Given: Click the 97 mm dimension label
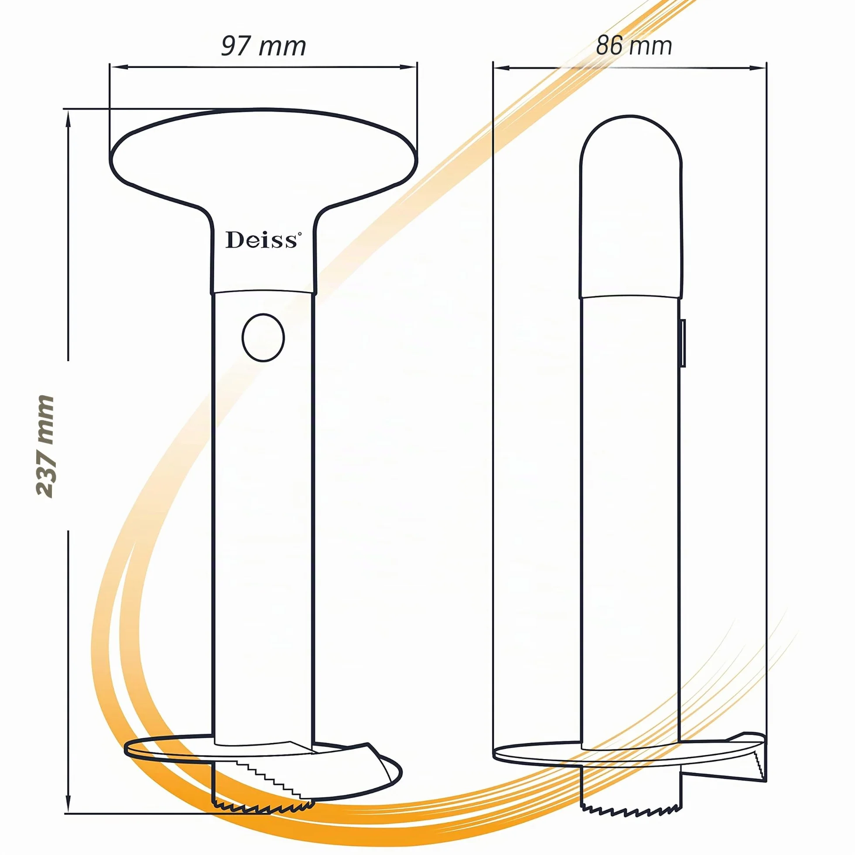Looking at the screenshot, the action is [264, 46].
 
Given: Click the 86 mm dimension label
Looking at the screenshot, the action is [634, 45].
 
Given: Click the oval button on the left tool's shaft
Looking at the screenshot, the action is [263, 338].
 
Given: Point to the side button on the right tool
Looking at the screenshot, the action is [683, 343].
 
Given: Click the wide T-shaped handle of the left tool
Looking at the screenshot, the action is [263, 177].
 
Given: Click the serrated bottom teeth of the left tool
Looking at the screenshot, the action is [264, 807].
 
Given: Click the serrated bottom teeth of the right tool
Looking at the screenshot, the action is [631, 810].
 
